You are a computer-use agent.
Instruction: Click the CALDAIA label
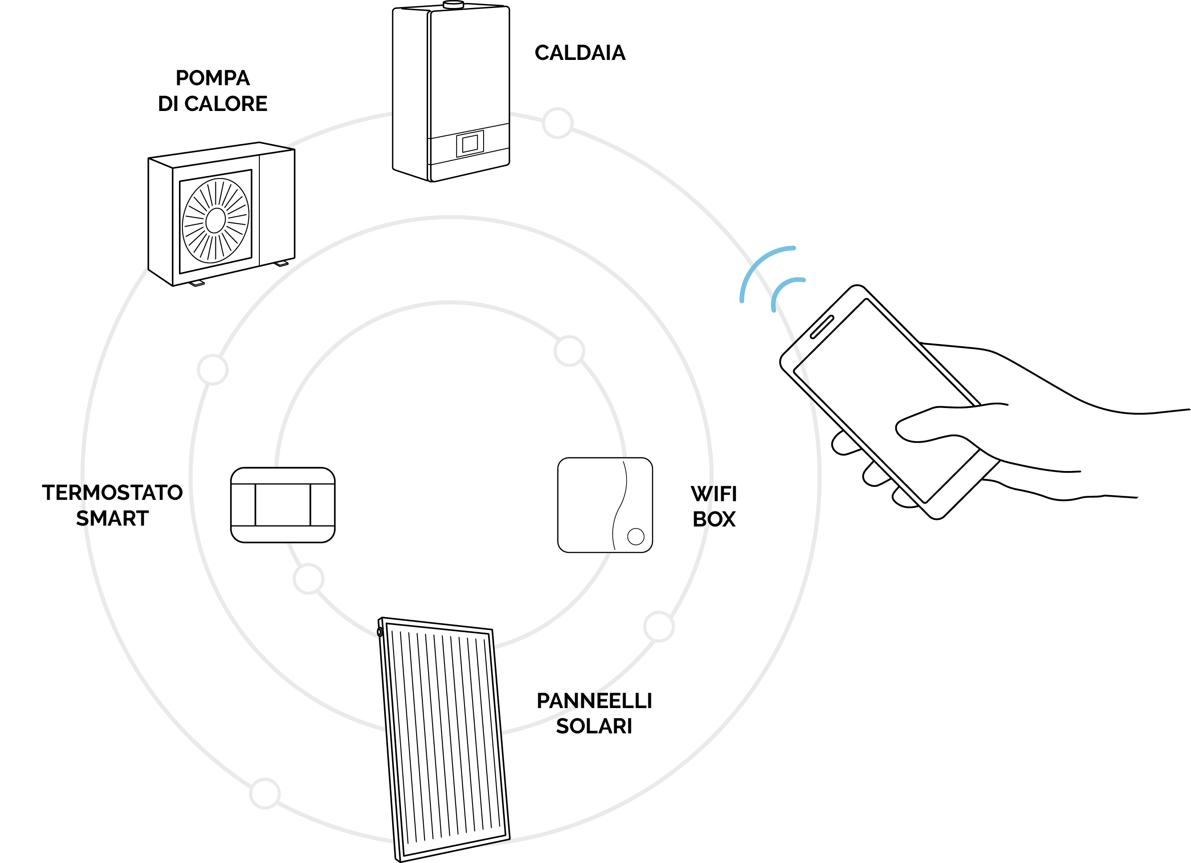580,53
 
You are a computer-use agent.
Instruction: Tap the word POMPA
212,78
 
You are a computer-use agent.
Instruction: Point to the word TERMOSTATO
112,493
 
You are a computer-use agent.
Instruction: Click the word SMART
112,519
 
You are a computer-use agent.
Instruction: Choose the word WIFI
714,494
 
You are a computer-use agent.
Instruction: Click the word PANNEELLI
594,701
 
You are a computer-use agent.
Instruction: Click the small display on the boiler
469,143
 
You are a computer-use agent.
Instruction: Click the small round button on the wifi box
635,536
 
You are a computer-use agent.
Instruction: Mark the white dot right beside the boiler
557,123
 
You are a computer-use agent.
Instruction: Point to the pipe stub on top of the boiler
451,5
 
